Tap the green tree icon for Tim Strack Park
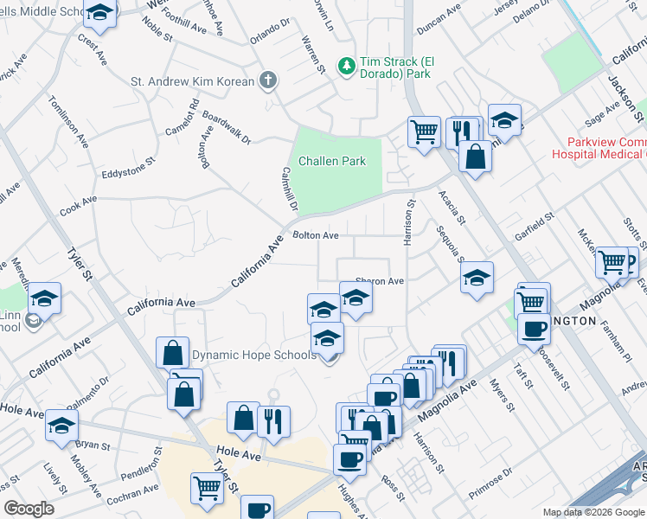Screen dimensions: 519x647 tap(346, 66)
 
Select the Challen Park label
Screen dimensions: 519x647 tap(332, 161)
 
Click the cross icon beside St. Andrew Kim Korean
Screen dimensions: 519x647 tap(268, 81)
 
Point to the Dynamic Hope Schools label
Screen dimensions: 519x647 tap(253, 355)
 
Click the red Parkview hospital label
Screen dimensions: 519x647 tap(605, 147)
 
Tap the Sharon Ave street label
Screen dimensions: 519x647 tap(380, 281)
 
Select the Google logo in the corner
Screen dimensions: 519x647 tap(29, 509)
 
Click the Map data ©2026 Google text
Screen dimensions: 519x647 tap(593, 512)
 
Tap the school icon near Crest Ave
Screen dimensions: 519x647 tap(101, 15)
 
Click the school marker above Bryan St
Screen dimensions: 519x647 tap(61, 425)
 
